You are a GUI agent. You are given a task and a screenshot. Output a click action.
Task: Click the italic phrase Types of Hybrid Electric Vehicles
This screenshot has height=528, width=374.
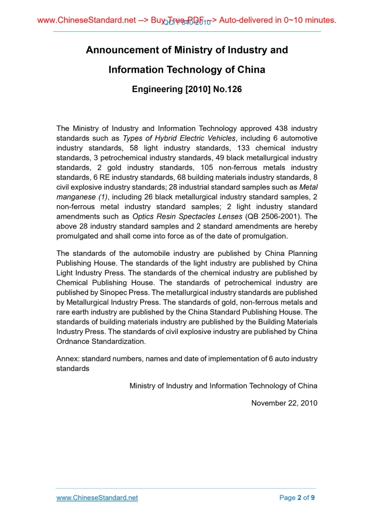[x=179, y=138]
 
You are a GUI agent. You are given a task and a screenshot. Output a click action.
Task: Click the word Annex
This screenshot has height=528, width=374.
[x=67, y=358]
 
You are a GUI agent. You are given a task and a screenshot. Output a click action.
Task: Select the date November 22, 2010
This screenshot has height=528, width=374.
[x=284, y=403]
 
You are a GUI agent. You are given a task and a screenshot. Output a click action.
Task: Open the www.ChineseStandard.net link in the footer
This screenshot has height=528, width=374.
[x=97, y=498]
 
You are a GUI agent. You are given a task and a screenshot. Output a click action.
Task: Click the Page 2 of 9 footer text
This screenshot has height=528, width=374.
[x=297, y=498]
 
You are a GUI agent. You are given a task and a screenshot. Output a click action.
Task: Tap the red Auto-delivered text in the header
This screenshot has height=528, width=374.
[x=249, y=20]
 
